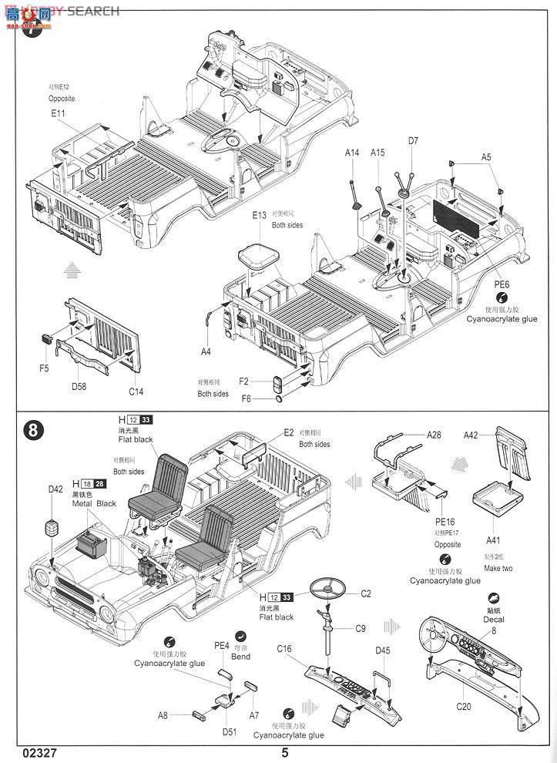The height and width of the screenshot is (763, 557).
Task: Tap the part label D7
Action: point(414,141)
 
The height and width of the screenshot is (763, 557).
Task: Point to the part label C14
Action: point(136,392)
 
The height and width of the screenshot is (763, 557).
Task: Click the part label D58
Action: point(79,386)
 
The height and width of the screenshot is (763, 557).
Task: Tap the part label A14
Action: point(351,153)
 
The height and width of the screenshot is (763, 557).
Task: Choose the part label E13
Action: point(259,215)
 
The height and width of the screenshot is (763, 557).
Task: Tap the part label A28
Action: point(435,435)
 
